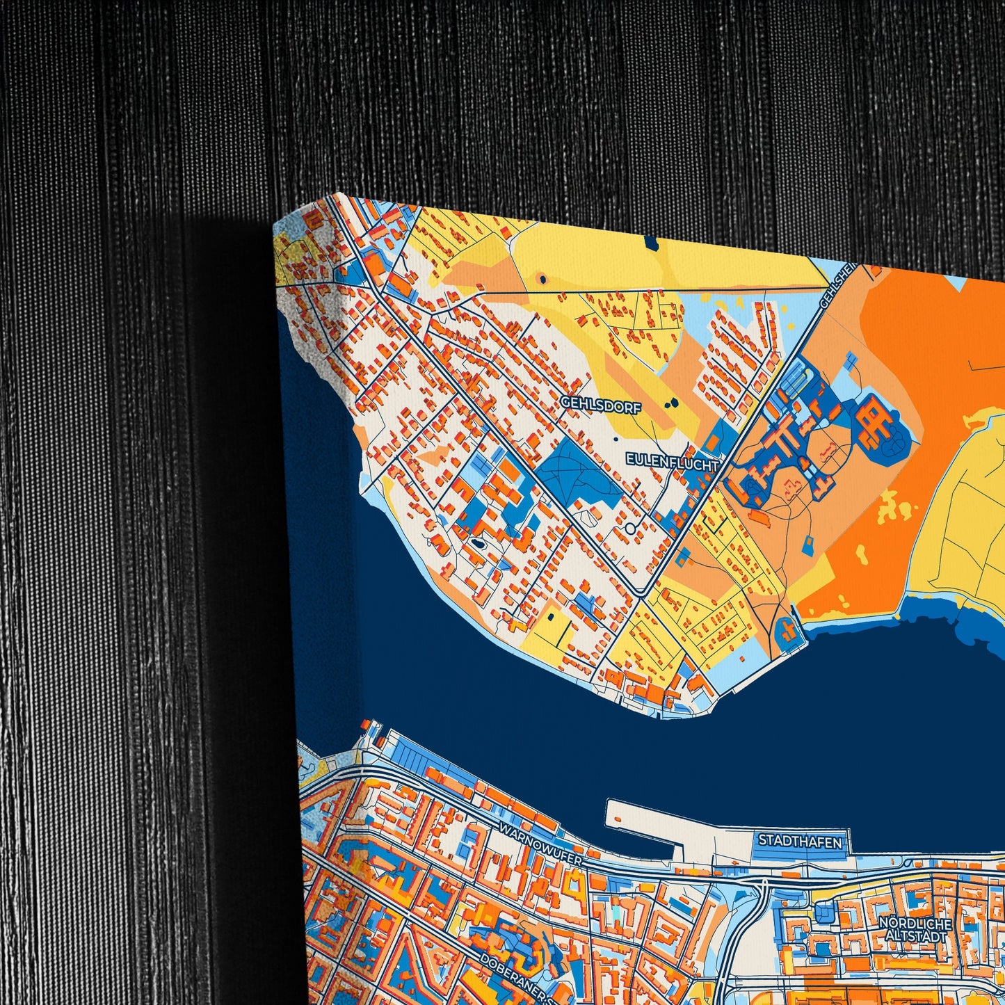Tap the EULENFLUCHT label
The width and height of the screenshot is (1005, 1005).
[671, 461]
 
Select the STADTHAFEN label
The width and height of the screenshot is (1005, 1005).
[799, 841]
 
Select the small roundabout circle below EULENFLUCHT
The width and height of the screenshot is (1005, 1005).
[630, 529]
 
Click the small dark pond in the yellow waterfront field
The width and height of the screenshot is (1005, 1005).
[551, 616]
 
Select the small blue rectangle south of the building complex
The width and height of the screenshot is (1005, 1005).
[808, 546]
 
